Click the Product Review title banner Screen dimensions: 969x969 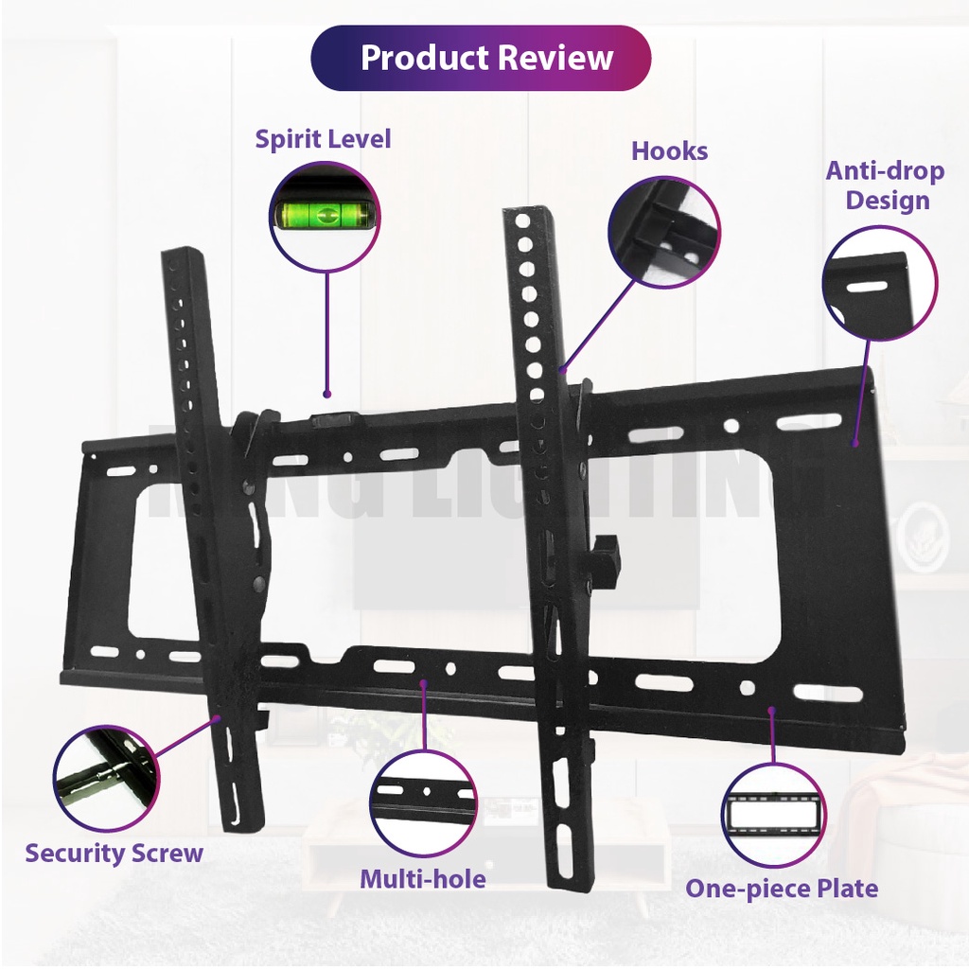tap(481, 58)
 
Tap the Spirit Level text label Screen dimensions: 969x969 tap(323, 139)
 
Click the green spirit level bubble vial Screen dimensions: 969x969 tap(325, 216)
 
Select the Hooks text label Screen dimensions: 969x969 tap(669, 151)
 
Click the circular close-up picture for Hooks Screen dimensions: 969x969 tap(663, 233)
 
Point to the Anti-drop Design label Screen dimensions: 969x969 tap(885, 185)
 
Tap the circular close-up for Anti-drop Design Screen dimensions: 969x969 tap(879, 283)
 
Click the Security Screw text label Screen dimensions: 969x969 tap(114, 853)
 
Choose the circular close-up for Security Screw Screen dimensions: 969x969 tap(106, 778)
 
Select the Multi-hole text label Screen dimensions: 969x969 tap(422, 879)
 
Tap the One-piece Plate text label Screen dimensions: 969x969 tap(782, 889)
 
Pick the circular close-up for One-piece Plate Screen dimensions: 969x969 tap(774, 814)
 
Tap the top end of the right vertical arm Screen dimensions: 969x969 tap(526, 215)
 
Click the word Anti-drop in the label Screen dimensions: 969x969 tap(885, 171)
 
